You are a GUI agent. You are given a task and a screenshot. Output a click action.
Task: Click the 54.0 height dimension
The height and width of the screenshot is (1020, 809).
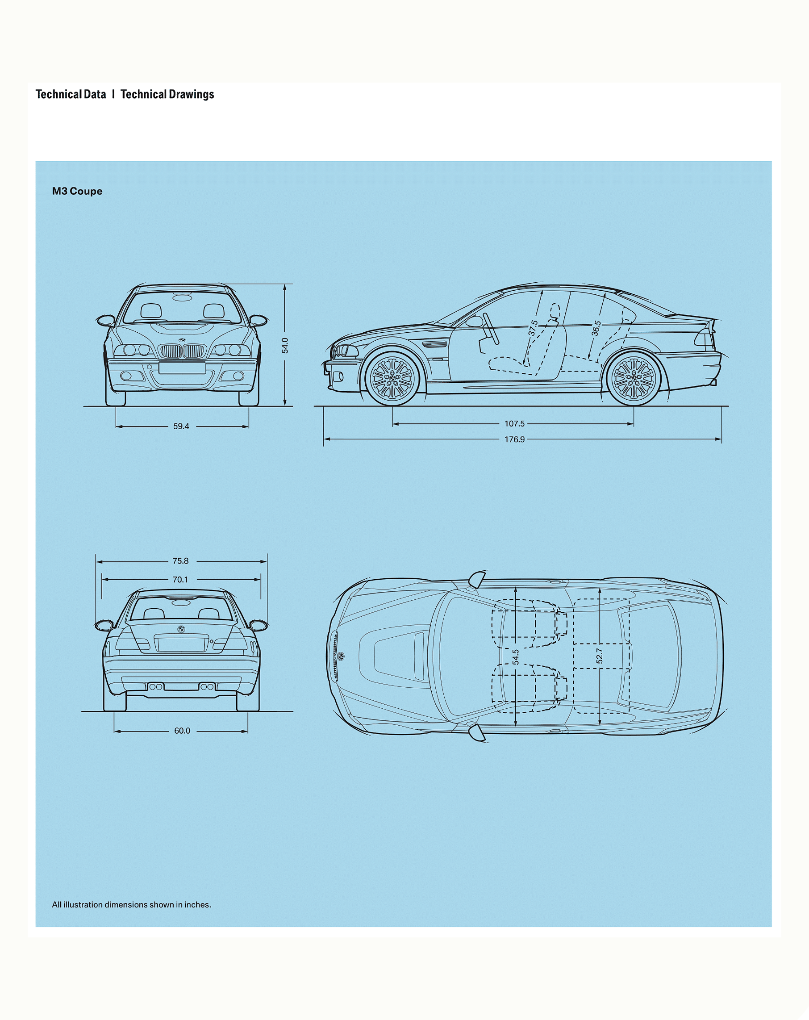coord(285,345)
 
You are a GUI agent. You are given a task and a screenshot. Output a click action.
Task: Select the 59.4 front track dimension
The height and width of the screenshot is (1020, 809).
coord(181,426)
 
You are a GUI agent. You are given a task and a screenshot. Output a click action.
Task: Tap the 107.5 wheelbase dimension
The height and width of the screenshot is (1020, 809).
coord(514,424)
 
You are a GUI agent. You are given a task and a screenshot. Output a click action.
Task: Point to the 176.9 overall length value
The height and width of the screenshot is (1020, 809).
coord(514,439)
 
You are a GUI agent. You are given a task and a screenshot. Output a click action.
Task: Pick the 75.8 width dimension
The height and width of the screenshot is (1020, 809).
coord(180,561)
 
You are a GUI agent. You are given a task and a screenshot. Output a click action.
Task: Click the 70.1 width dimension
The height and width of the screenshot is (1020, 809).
coord(180,580)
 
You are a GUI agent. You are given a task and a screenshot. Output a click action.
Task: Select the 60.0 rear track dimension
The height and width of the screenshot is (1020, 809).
coord(182,731)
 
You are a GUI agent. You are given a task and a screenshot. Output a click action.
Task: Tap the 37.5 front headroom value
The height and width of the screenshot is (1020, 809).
coord(533,328)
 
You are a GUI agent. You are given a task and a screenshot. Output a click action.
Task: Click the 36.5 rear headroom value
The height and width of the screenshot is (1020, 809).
coord(596,328)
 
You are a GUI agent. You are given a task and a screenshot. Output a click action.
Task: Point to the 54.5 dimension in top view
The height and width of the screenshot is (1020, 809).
coord(515,656)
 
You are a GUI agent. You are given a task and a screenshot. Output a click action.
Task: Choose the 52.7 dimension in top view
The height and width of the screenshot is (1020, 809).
coord(600,656)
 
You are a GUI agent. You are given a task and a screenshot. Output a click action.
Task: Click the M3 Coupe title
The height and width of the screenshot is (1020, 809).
coord(77,191)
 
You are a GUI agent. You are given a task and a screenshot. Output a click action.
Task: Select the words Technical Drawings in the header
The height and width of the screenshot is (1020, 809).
coord(167,95)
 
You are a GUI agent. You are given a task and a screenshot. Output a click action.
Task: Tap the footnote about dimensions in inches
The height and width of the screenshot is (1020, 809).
coord(132,905)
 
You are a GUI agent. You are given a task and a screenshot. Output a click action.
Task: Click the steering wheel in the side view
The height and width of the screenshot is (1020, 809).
coord(491,328)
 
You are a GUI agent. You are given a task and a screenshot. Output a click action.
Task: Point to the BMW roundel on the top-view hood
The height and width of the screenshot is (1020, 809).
coord(341,656)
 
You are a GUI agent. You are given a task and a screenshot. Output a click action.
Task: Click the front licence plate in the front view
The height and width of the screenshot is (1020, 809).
coord(182,368)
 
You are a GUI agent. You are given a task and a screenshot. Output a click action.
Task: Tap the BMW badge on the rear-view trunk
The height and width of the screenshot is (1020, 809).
coord(181,629)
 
